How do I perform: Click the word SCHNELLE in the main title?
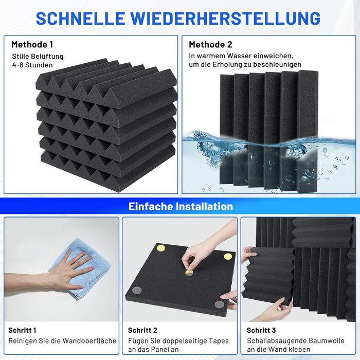pos(80,18)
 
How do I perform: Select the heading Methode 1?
pos(32,44)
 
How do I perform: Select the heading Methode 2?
pos(210,44)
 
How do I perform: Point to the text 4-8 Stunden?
pos(32,65)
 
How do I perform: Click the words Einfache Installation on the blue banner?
pos(181,206)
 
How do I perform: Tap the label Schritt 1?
pos(22,330)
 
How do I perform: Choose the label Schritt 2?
pos(142,330)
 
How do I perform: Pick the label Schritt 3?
pos(261,330)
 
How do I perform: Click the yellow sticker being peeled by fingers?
pos(189,273)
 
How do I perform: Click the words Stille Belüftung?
pos(38,57)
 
